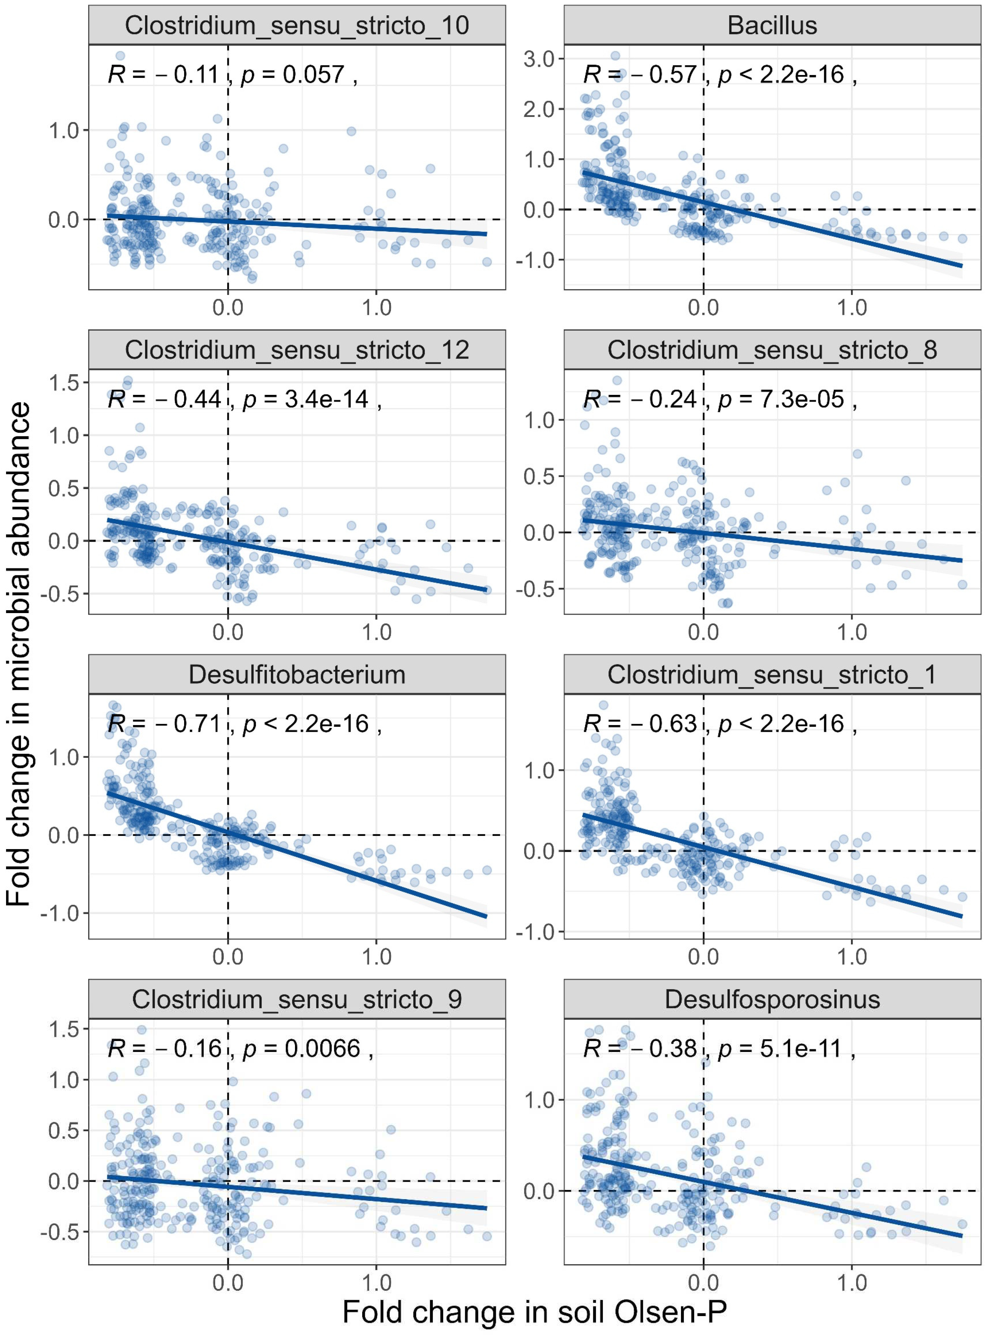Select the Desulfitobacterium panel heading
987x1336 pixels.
coord(297,675)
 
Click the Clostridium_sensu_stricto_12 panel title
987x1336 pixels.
coord(297,350)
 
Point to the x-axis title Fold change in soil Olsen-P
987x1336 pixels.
coord(534,1312)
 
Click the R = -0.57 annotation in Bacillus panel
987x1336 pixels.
coord(640,75)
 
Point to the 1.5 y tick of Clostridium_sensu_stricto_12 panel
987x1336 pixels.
coord(64,383)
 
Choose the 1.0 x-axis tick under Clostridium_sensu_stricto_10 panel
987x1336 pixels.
coord(376,308)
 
